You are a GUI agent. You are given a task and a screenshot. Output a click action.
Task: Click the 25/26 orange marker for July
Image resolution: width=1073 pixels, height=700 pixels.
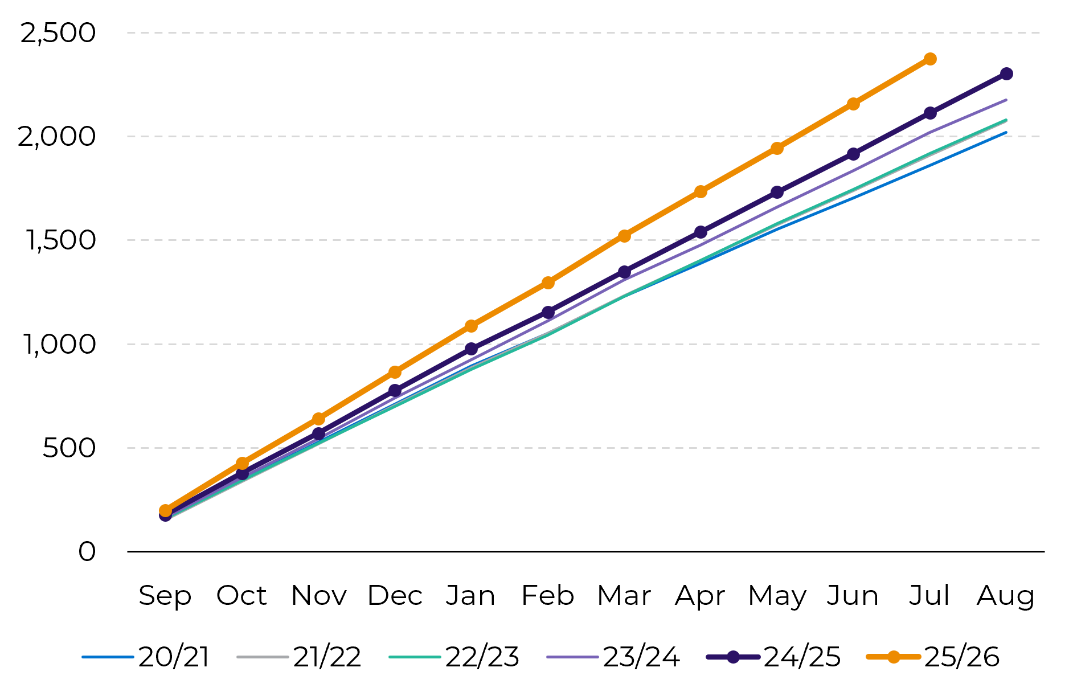[930, 59]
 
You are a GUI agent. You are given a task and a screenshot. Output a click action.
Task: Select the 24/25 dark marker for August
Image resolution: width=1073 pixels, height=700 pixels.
[1006, 74]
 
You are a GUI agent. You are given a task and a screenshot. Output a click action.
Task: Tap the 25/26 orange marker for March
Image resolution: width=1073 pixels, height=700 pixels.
[624, 236]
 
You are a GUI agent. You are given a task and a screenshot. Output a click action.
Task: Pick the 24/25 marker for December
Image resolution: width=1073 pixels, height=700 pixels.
[395, 391]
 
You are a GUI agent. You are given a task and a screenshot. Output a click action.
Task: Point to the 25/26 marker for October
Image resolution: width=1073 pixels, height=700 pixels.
[242, 464]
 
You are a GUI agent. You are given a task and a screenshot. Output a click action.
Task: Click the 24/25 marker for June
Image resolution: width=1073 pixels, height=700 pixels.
[853, 154]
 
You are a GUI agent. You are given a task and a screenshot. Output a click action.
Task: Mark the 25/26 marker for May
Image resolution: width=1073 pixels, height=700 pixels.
[777, 149]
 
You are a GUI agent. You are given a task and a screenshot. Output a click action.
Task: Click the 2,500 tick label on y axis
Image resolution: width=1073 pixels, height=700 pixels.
[58, 33]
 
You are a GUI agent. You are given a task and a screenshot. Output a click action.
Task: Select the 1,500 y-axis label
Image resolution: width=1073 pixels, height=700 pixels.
[60, 240]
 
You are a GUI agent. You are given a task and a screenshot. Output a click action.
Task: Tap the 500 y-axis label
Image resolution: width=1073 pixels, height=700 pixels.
[69, 448]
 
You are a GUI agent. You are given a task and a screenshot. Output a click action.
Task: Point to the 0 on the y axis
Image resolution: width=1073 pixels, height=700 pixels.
[87, 552]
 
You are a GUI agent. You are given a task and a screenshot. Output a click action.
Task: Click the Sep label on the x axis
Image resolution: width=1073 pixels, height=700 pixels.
[165, 596]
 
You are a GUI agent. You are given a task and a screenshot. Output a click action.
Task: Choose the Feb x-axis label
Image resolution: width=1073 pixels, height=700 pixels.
[548, 595]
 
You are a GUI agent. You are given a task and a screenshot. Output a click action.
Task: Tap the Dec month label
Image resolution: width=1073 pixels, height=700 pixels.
[395, 596]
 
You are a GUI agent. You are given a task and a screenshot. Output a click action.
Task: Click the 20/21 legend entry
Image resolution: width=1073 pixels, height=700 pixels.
[146, 657]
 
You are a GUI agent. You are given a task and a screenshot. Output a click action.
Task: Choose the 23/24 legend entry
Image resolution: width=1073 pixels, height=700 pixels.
[613, 657]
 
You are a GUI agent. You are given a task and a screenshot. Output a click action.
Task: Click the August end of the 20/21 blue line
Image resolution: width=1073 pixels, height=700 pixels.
[1006, 133]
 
